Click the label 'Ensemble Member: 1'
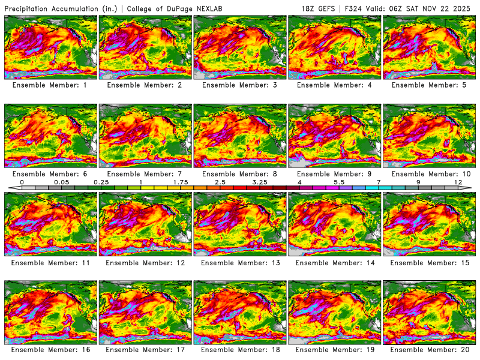pyautogui.click(x=50, y=85)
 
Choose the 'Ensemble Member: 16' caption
pyautogui.click(x=50, y=349)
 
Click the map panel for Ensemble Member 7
pyautogui.click(x=145, y=134)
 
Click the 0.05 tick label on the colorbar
pyautogui.click(x=61, y=182)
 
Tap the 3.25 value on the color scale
pyautogui.click(x=260, y=182)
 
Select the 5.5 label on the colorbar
pyautogui.click(x=338, y=182)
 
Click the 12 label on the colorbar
pyautogui.click(x=458, y=182)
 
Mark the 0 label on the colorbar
pyautogui.click(x=22, y=182)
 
